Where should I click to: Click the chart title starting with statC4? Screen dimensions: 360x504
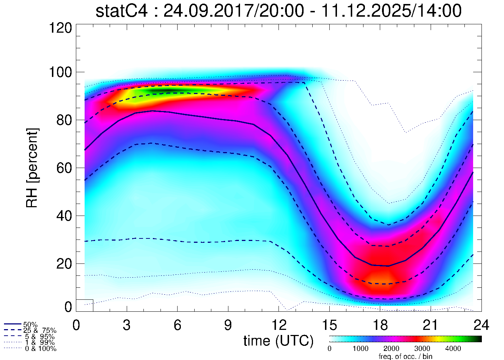[x=279, y=11]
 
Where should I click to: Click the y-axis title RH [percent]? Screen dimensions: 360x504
[x=32, y=168]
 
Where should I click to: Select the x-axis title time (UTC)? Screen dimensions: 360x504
[x=278, y=341]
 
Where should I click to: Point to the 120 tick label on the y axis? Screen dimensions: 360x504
[x=61, y=28]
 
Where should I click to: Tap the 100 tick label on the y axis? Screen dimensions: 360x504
[x=61, y=72]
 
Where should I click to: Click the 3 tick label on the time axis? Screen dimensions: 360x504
[x=127, y=325]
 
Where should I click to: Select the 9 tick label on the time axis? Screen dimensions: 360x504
[x=228, y=325]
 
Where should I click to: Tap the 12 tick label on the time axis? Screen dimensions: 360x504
[x=279, y=325]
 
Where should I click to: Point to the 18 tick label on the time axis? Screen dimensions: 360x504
[x=380, y=325]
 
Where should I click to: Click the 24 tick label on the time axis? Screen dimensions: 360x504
[x=481, y=325]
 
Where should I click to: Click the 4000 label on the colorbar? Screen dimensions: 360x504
[x=453, y=349]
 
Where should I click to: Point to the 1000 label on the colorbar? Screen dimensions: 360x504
[x=360, y=349]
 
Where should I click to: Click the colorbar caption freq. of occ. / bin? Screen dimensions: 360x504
[x=405, y=356]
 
